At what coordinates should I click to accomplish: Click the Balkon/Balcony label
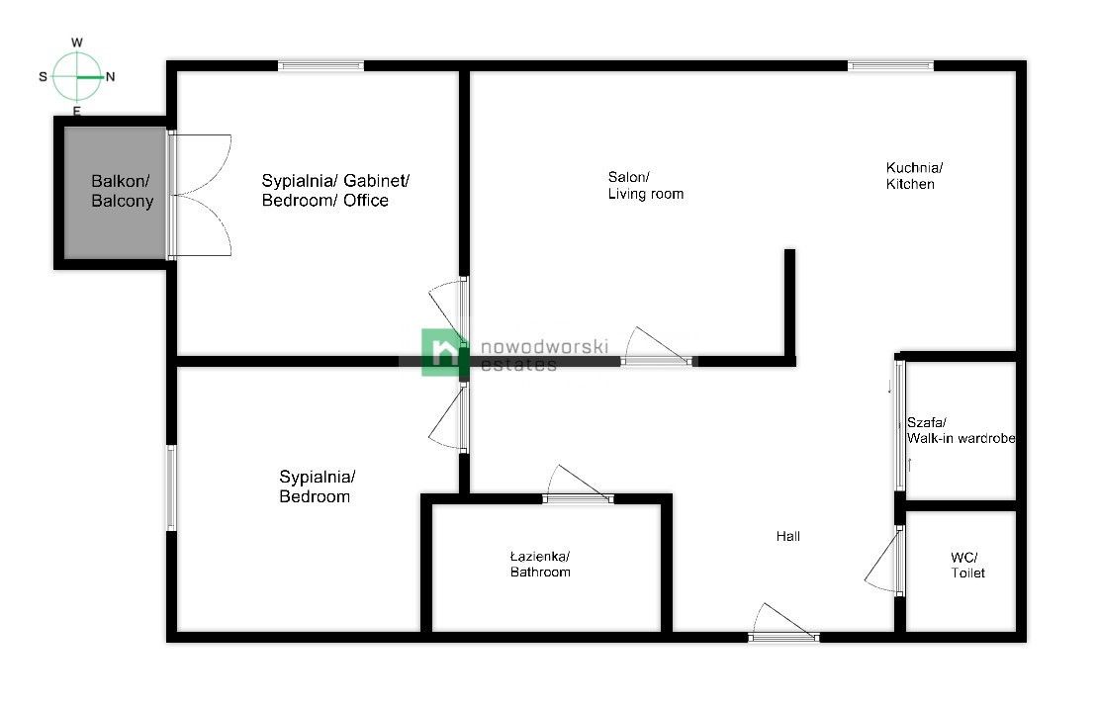[x=122, y=191]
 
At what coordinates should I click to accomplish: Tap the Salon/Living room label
[x=645, y=185]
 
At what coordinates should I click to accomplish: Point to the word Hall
[x=787, y=536]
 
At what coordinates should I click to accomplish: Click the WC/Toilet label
[x=967, y=565]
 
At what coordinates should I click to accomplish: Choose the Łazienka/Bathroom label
[x=540, y=564]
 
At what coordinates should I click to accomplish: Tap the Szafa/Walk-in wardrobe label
[x=961, y=430]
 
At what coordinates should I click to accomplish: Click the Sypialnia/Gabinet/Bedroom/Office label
[x=335, y=191]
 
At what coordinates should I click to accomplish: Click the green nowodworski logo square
[x=442, y=352]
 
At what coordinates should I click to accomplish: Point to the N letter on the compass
[x=111, y=76]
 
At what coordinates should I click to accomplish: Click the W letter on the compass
[x=77, y=43]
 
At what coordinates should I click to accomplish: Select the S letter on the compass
[x=43, y=76]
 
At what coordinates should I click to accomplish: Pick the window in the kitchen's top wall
[x=890, y=66]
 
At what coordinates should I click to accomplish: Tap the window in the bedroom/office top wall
[x=320, y=66]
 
